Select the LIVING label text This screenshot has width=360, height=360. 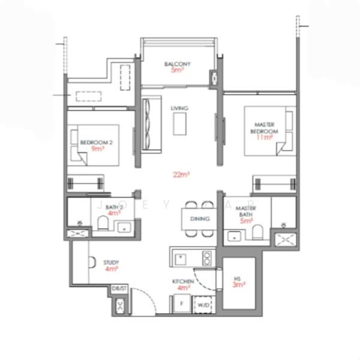(x=179, y=108)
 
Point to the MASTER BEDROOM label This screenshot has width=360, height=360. (x=265, y=127)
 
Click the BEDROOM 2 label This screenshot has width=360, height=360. (x=94, y=142)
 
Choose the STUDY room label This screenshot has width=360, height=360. (x=111, y=263)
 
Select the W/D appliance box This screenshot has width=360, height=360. (x=205, y=305)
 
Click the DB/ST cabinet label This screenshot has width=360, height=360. (x=119, y=289)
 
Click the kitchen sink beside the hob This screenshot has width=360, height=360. (x=181, y=259)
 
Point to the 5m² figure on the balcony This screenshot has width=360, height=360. (x=177, y=71)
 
